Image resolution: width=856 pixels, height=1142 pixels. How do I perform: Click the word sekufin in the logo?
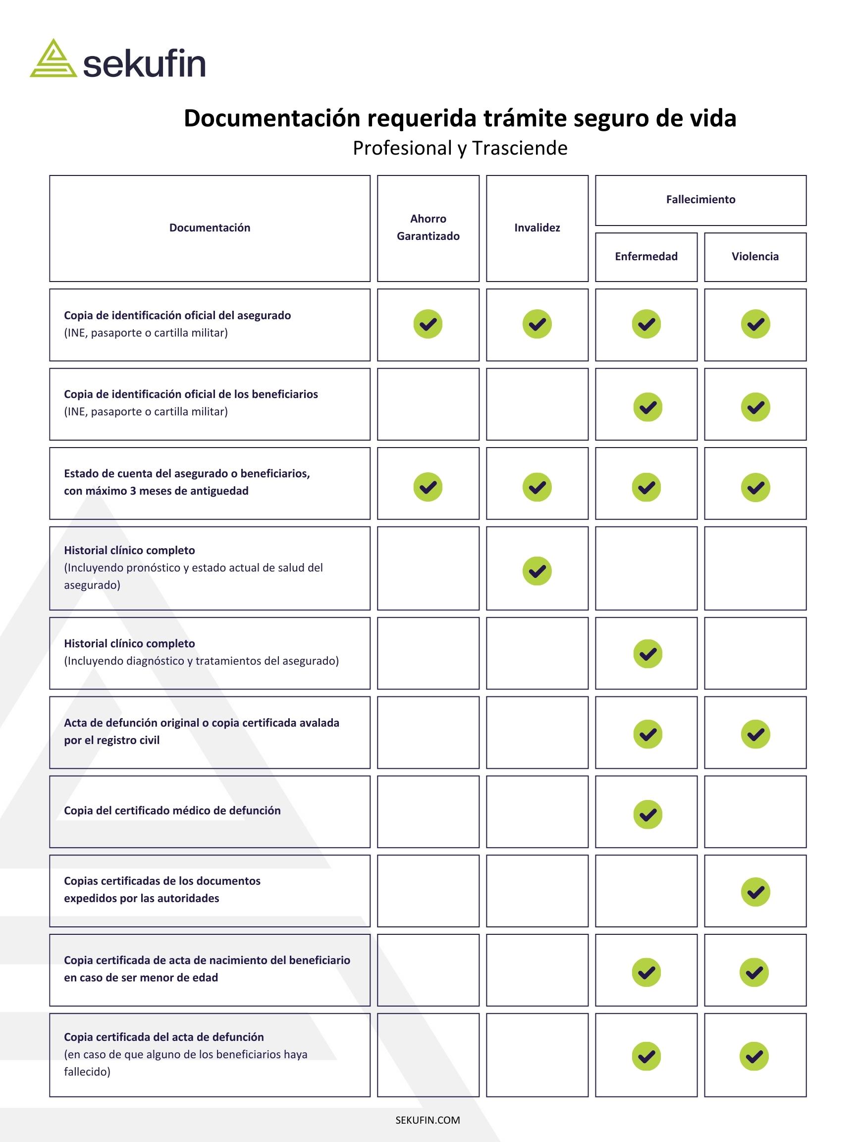click(x=144, y=64)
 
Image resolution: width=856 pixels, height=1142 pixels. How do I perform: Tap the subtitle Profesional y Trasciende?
click(x=460, y=148)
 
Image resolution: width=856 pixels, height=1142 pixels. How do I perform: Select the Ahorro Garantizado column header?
click(x=428, y=227)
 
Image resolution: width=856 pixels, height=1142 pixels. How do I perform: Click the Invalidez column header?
click(x=536, y=228)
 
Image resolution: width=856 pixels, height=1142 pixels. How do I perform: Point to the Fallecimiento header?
click(x=700, y=199)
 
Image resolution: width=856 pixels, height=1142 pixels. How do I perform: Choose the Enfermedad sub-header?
click(x=645, y=257)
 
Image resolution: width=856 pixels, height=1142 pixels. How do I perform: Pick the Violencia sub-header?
click(x=755, y=257)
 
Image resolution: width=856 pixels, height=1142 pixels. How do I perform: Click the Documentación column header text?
click(x=210, y=228)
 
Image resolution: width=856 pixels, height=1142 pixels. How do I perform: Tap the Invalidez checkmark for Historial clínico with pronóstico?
click(x=536, y=571)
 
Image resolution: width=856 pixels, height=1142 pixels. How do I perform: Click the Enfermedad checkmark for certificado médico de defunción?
click(x=647, y=814)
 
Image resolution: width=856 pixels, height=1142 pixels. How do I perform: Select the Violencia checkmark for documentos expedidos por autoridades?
click(x=755, y=892)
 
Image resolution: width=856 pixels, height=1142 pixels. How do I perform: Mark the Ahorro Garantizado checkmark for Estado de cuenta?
click(x=428, y=487)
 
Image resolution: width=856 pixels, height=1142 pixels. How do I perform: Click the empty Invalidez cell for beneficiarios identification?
click(x=536, y=404)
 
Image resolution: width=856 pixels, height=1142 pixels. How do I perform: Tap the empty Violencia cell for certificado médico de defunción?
click(x=755, y=811)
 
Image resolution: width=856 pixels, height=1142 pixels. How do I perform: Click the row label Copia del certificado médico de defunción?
click(x=172, y=810)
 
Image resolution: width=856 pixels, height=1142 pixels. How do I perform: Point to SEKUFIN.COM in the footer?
click(x=428, y=1120)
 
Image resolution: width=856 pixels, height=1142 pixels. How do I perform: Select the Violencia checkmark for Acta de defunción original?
click(x=755, y=734)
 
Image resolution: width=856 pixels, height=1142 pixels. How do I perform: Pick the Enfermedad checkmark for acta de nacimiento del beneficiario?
click(x=646, y=972)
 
